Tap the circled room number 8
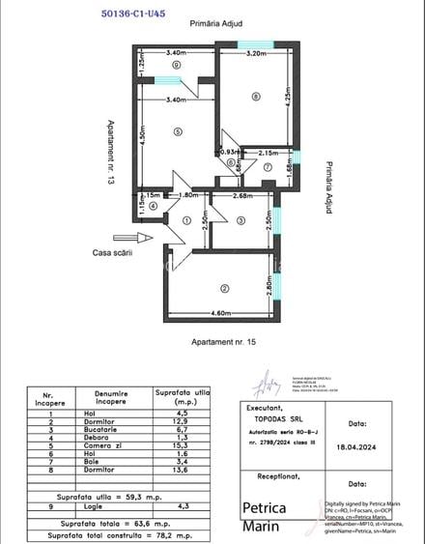pyautogui.click(x=255, y=96)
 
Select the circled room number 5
pyautogui.click(x=178, y=131)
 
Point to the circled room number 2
pyautogui.click(x=224, y=288)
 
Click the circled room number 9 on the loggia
pyautogui.click(x=176, y=65)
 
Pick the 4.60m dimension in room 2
pyautogui.click(x=220, y=313)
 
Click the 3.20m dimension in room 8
pyautogui.click(x=255, y=54)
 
